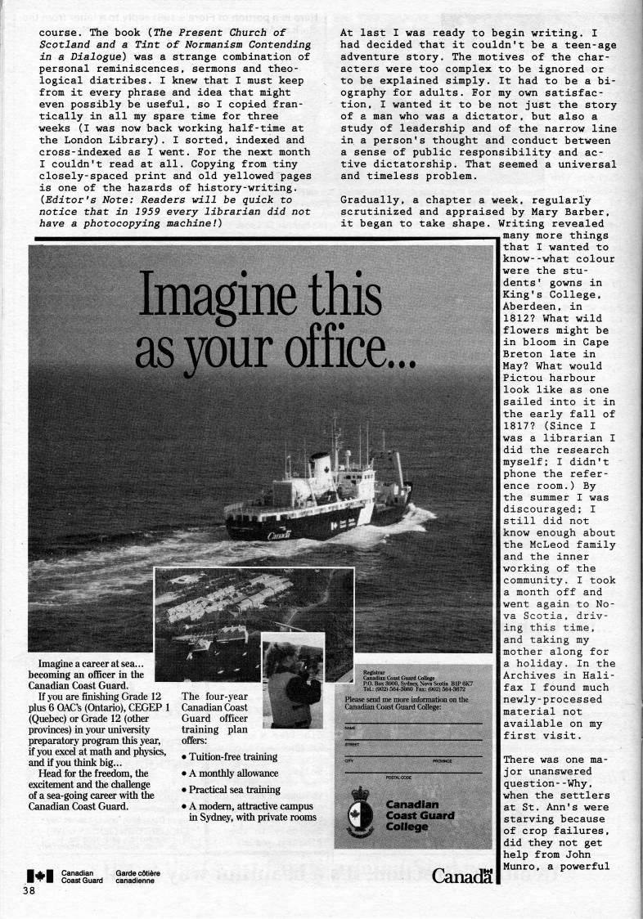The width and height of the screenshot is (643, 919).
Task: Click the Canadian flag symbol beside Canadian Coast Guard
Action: [42, 876]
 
